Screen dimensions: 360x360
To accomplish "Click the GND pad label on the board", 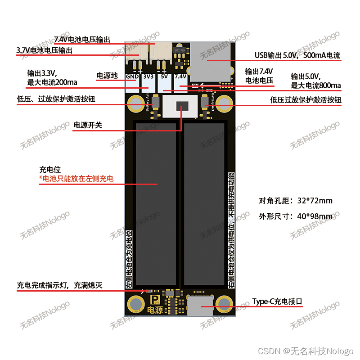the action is pyautogui.click(x=132, y=76).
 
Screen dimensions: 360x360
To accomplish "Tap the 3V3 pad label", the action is pyautogui.click(x=148, y=76).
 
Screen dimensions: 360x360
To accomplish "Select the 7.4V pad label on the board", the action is pyautogui.click(x=180, y=76).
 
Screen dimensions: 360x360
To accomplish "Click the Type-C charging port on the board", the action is pyautogui.click(x=200, y=306).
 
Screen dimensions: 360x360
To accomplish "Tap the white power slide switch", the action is pyautogui.click(x=180, y=107).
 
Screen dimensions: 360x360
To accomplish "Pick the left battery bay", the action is pyautogui.click(x=156, y=205).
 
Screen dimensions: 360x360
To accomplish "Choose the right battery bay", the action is pyautogui.click(x=204, y=205).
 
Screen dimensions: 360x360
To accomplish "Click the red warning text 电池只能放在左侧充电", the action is pyautogui.click(x=76, y=179).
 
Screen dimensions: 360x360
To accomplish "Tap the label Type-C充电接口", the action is pyautogui.click(x=277, y=301).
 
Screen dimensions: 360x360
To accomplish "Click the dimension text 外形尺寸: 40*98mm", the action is pyautogui.click(x=296, y=216).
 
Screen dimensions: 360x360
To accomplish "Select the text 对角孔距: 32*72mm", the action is pyautogui.click(x=296, y=201).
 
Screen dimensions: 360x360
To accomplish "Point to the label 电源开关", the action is pyautogui.click(x=88, y=125).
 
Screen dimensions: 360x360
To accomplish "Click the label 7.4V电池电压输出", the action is pyautogui.click(x=82, y=39).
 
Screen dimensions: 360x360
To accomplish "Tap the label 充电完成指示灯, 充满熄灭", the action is pyautogui.click(x=60, y=285).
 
